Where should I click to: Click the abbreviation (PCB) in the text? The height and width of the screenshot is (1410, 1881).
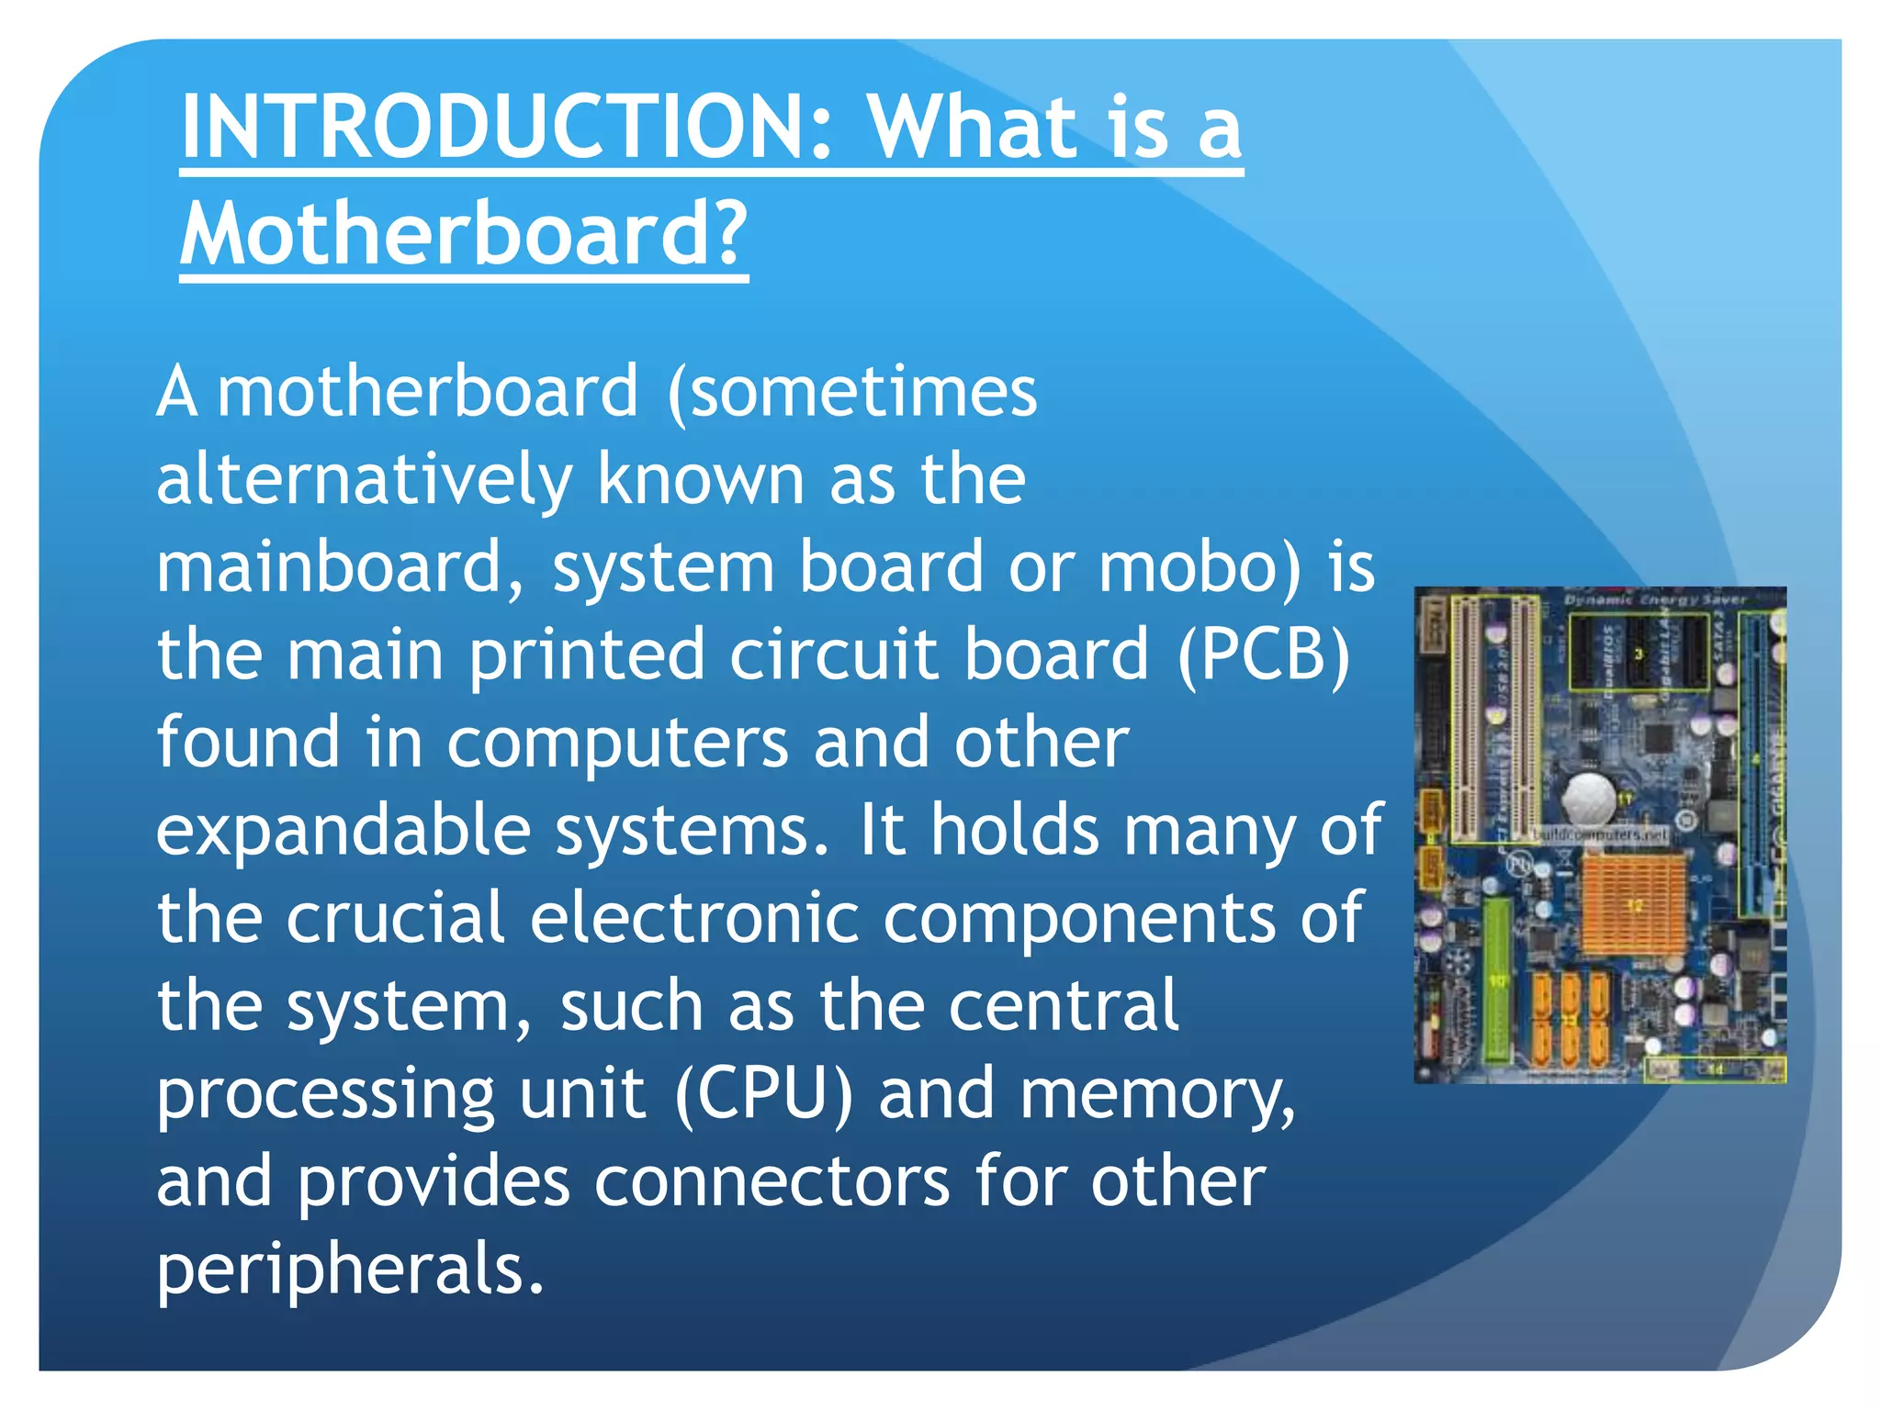click(x=1264, y=655)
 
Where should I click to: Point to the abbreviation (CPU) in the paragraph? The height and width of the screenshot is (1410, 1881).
click(x=764, y=1093)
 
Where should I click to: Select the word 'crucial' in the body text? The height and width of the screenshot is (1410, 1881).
click(x=396, y=918)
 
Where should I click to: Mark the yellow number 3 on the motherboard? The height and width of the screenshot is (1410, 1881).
click(x=1639, y=654)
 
